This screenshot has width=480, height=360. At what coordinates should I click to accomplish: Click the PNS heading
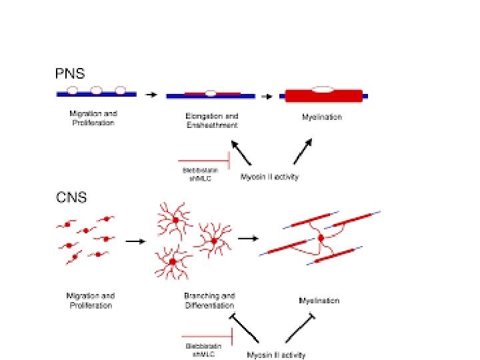click(70, 74)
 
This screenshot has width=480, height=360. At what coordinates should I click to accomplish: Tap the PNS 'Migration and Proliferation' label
click(93, 118)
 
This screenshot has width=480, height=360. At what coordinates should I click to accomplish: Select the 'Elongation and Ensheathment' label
click(211, 121)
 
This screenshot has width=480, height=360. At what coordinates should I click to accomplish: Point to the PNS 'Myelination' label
click(322, 117)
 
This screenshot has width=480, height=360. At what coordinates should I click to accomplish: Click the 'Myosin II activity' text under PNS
click(270, 177)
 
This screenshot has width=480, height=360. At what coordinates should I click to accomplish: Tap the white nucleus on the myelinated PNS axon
click(323, 88)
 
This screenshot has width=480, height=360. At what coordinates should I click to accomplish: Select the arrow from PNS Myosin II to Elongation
click(241, 153)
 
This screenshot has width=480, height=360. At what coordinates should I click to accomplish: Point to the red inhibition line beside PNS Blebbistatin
click(204, 161)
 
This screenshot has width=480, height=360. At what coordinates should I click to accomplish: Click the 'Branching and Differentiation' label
click(210, 301)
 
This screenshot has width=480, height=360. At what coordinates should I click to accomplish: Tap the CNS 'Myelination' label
click(319, 301)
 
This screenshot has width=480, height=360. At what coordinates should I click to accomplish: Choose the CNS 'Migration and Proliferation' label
click(90, 301)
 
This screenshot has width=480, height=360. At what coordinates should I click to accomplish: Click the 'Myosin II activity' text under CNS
click(276, 355)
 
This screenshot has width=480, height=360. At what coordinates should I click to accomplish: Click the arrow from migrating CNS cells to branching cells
click(135, 241)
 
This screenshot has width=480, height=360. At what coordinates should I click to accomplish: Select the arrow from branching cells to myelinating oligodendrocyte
click(249, 238)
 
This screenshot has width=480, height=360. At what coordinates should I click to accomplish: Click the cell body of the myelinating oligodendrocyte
click(321, 238)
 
